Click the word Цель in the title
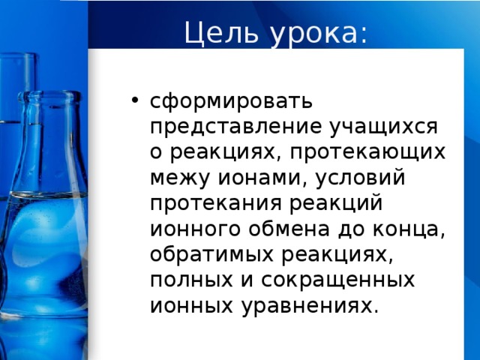pyautogui.click(x=217, y=33)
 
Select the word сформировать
pyautogui.click(x=231, y=100)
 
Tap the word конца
pyautogui.click(x=412, y=229)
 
